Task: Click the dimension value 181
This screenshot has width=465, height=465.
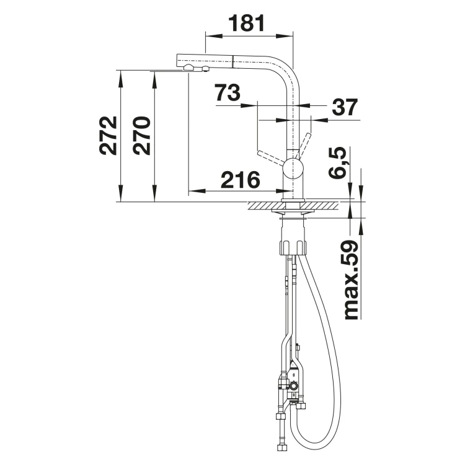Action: point(246,23)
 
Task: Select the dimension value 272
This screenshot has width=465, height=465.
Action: point(108,136)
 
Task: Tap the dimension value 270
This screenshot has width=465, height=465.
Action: point(141,136)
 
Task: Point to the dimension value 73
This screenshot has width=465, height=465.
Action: point(228,92)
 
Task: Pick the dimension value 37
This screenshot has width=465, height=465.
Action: point(345,107)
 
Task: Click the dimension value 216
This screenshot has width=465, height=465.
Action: point(241,180)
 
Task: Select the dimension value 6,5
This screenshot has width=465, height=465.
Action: point(338,162)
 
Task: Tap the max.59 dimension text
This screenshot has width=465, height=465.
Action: point(352,280)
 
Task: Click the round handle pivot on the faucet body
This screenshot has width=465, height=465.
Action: point(293,168)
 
